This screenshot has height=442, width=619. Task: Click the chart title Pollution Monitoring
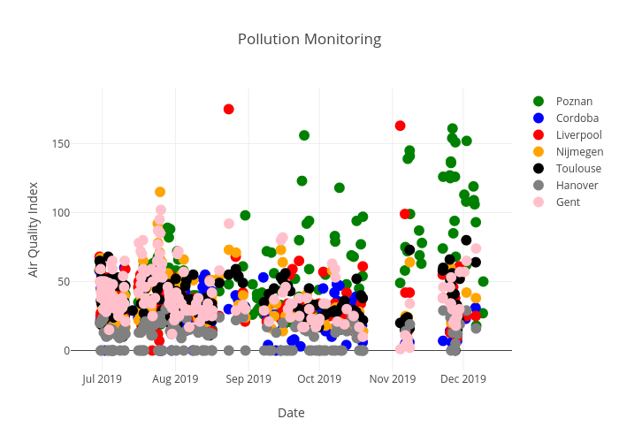coord(309,40)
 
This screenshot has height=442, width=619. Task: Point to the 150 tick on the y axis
coord(80,143)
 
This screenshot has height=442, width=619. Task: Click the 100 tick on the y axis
coord(80,212)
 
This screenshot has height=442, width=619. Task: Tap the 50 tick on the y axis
coord(83,281)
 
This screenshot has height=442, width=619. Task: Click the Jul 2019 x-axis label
coord(102,380)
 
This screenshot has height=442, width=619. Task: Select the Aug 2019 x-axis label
coord(175,380)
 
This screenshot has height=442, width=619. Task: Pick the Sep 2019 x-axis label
coord(248,380)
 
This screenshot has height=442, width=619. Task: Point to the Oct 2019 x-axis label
coord(319,380)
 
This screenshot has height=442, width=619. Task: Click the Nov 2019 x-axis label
coord(393,380)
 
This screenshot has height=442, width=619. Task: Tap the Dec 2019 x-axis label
coord(463,380)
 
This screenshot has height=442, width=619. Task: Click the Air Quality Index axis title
coord(34,229)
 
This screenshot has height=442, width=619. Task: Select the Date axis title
coord(291,413)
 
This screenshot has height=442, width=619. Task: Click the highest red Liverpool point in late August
coord(228,109)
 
